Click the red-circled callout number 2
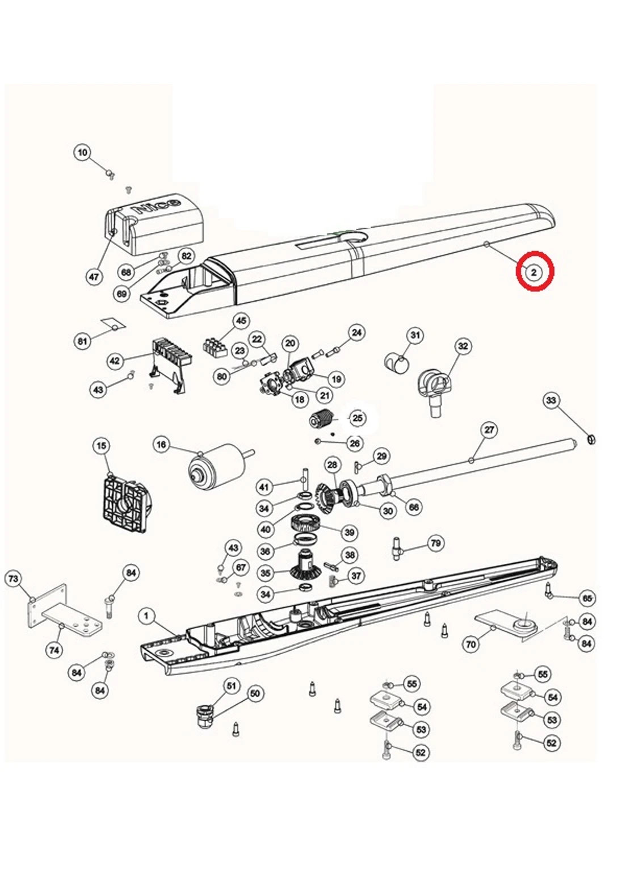[x=534, y=272]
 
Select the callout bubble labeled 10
[x=83, y=152]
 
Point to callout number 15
[x=101, y=446]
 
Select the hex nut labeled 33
[x=590, y=439]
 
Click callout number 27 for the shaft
[x=489, y=430]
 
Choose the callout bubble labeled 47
[x=94, y=277]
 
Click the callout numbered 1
[x=147, y=616]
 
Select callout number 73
[x=13, y=579]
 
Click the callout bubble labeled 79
[x=435, y=543]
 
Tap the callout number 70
[x=470, y=644]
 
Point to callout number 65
[x=587, y=598]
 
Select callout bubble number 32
[x=464, y=346]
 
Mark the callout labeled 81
[x=83, y=341]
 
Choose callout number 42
[x=115, y=361]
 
